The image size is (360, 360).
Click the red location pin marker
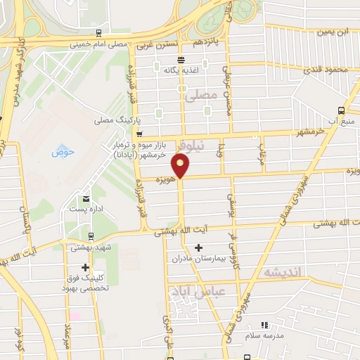click(x=181, y=167)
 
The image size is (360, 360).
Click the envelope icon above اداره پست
click(x=86, y=199)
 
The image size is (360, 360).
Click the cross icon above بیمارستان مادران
click(x=199, y=247)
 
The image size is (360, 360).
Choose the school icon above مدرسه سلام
click(x=264, y=325)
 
